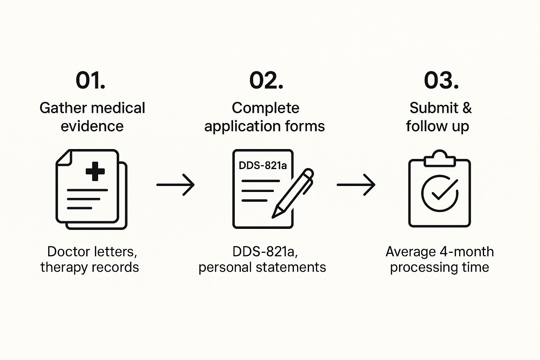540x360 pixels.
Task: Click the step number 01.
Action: [x=90, y=81]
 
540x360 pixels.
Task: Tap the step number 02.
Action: [x=266, y=81]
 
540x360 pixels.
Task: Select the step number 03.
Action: [x=441, y=81]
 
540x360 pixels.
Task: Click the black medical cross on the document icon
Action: [x=95, y=171]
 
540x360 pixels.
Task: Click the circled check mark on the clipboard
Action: [x=439, y=193]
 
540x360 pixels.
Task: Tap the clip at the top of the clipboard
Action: [x=439, y=159]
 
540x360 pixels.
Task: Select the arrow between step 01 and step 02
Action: [x=175, y=185]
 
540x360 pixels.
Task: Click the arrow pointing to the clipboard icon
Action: [x=356, y=185]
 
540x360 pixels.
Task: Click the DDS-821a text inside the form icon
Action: [x=263, y=165]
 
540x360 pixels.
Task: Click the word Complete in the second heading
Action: [x=265, y=108]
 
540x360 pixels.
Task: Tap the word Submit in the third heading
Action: [x=434, y=108]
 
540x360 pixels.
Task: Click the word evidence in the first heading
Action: [x=92, y=126]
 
